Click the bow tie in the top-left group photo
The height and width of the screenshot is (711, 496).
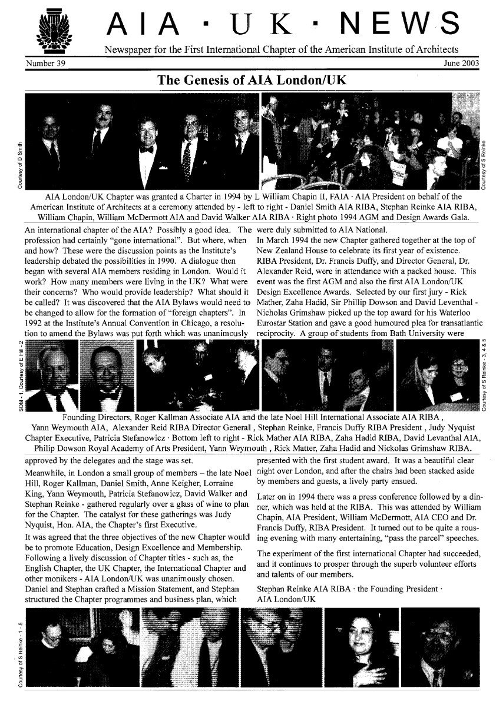coord(147,149)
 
